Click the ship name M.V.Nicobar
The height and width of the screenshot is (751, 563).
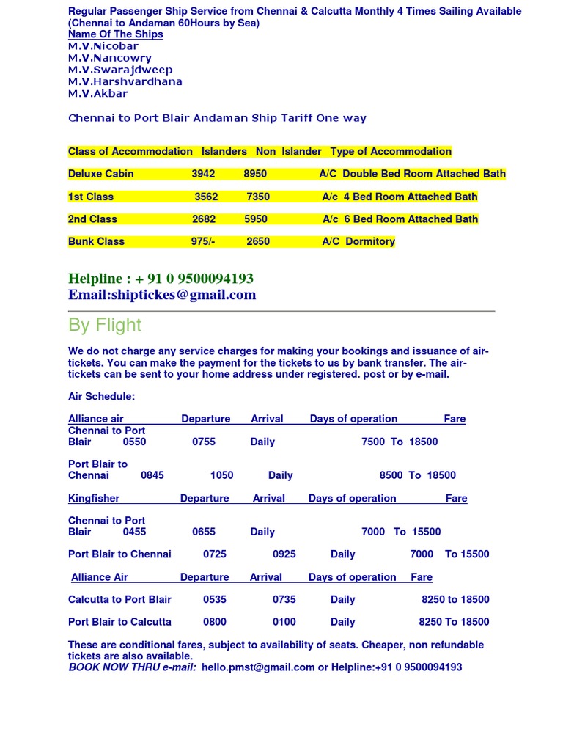103,46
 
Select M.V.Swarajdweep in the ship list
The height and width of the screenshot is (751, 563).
119,70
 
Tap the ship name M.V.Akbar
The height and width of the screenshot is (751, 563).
97,93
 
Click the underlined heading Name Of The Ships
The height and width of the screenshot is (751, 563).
115,34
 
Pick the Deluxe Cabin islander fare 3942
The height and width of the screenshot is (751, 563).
203,174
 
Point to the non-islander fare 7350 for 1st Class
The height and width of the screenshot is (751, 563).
258,197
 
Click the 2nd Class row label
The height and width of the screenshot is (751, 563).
92,219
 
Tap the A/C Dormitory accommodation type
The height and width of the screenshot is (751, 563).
358,241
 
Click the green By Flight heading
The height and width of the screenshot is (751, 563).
105,325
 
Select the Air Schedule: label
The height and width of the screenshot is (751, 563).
101,396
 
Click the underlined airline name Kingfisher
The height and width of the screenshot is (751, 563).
94,498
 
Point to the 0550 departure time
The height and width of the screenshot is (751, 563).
134,442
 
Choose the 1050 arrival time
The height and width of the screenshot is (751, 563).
221,475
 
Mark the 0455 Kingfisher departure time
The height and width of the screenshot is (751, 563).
134,532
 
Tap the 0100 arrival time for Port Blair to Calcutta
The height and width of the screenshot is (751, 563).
284,622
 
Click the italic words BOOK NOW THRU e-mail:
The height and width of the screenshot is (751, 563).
132,667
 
